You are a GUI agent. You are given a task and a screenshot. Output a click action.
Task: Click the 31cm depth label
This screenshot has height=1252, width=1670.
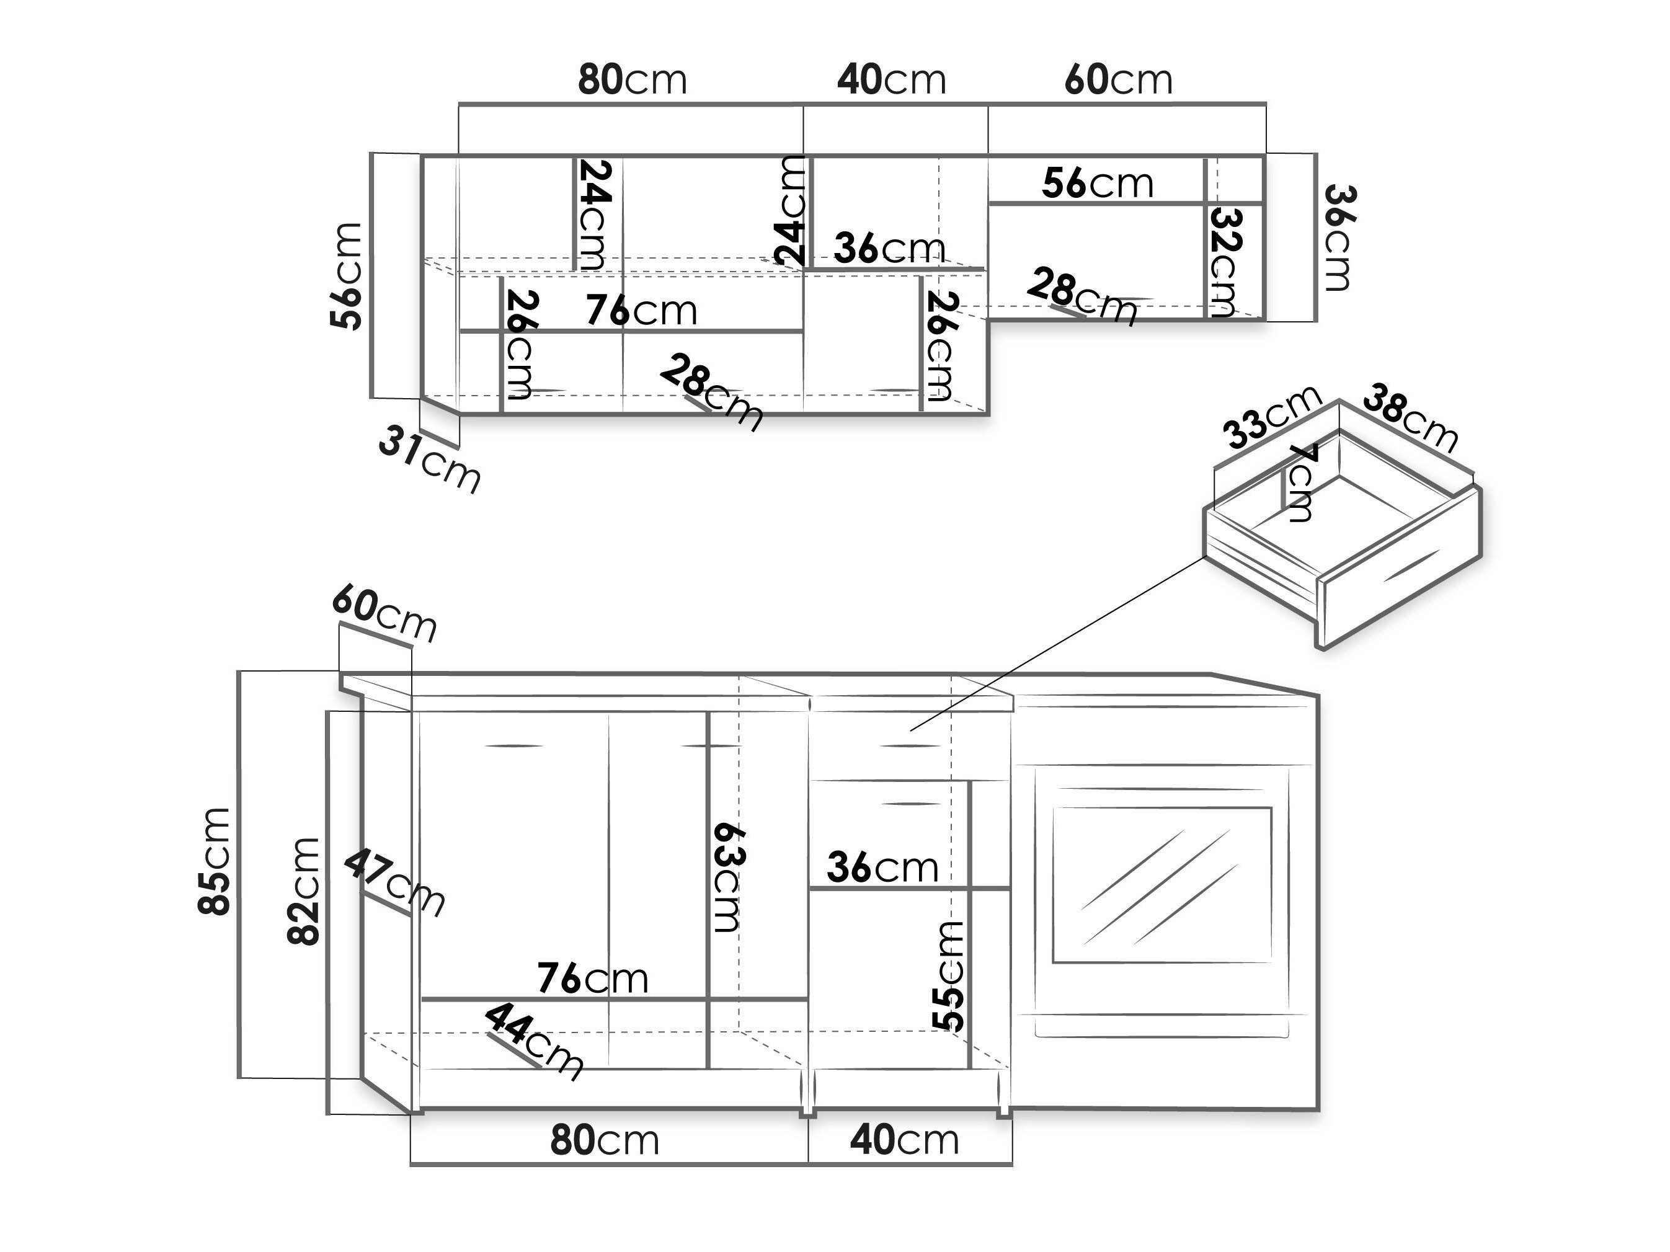pyautogui.click(x=429, y=458)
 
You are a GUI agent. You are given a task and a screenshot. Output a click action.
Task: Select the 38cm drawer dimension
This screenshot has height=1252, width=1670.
pyautogui.click(x=1410, y=417)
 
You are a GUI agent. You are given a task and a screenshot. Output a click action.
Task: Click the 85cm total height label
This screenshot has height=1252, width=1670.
pyautogui.click(x=215, y=861)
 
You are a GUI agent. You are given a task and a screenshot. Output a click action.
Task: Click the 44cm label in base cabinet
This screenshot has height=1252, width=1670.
pyautogui.click(x=534, y=1042)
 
